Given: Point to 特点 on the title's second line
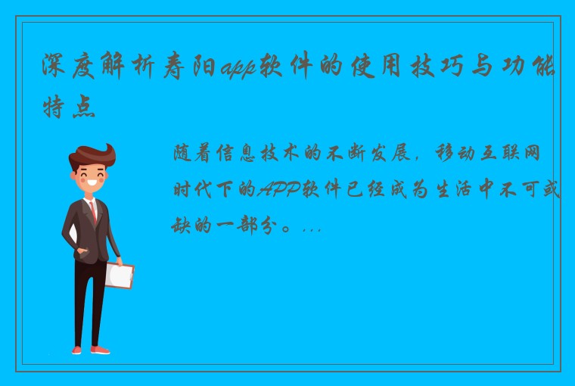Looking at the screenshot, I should (x=70, y=106).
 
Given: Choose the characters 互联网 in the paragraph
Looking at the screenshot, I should (x=524, y=154).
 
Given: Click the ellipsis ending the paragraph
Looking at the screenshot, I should (x=311, y=226).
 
